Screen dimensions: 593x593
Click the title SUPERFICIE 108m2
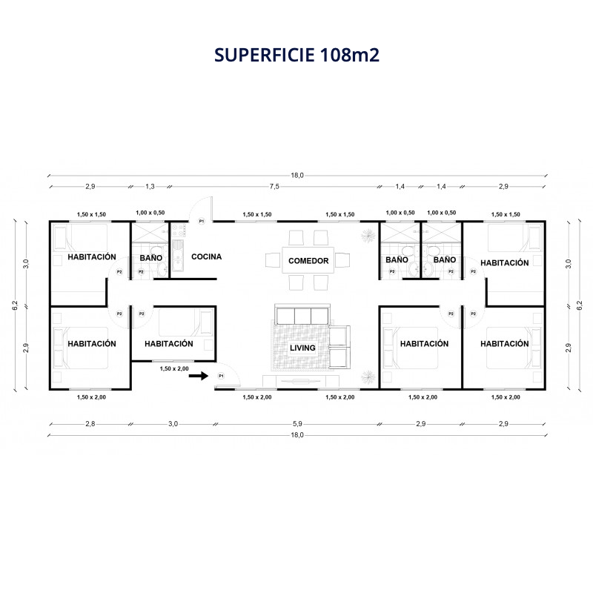[296, 55]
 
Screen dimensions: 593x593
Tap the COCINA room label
[207, 256]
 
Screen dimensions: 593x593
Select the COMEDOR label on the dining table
[308, 261]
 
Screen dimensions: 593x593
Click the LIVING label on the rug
[302, 348]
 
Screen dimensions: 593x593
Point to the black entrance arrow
[199, 376]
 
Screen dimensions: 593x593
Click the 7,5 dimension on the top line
[274, 187]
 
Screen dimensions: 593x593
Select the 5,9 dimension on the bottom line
[297, 424]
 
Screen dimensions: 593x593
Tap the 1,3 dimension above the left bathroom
[150, 187]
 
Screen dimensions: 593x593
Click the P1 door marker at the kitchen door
[202, 221]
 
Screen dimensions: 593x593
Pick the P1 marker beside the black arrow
[221, 376]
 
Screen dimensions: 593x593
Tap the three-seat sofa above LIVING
[302, 314]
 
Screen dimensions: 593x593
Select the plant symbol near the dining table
[368, 236]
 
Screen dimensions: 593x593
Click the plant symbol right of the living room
[368, 377]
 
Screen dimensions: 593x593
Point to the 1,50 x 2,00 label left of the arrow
[174, 368]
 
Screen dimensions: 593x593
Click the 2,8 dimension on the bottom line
[90, 424]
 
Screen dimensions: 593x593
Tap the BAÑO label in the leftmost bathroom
[151, 258]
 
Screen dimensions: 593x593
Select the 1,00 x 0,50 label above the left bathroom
[150, 213]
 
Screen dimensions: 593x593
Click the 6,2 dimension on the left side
[15, 305]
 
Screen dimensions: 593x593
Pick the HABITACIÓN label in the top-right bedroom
[505, 263]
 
